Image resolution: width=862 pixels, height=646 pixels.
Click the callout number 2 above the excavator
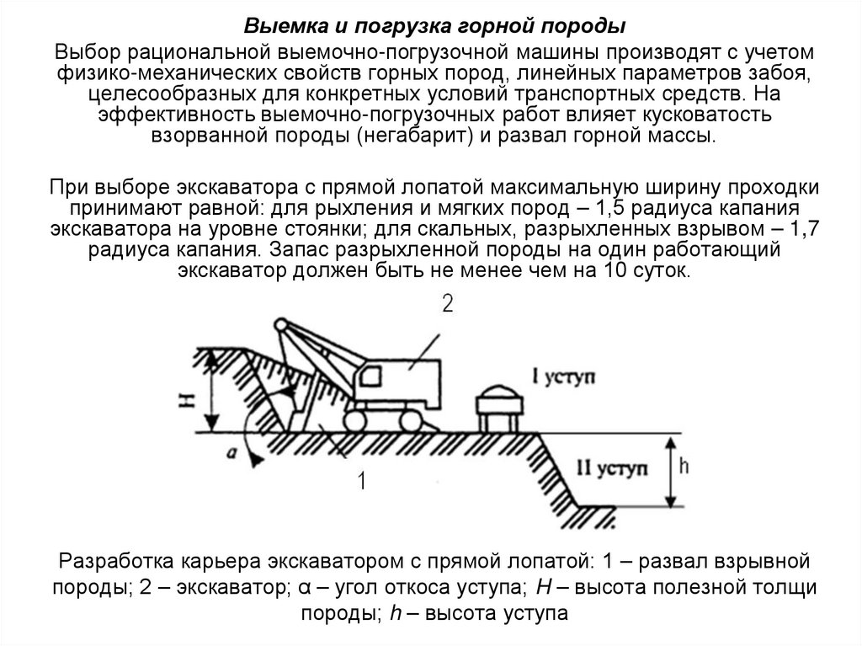(447, 304)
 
